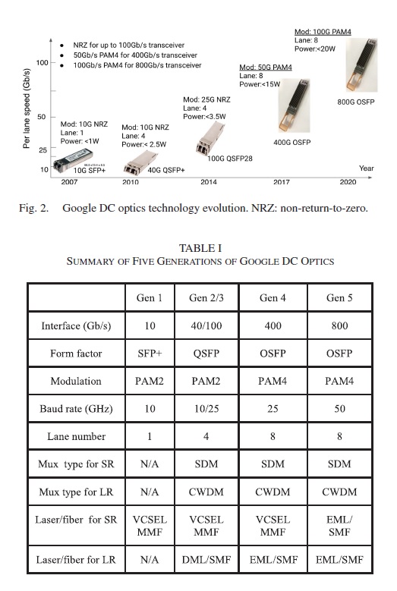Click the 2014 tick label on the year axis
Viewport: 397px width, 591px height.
[209, 182]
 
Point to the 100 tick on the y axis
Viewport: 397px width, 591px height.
[43, 62]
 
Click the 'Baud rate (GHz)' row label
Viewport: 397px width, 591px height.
[77, 409]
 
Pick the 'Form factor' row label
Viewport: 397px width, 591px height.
[77, 353]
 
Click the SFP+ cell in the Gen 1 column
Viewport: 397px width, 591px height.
[150, 353]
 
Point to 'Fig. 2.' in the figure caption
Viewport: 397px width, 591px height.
[34, 207]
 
